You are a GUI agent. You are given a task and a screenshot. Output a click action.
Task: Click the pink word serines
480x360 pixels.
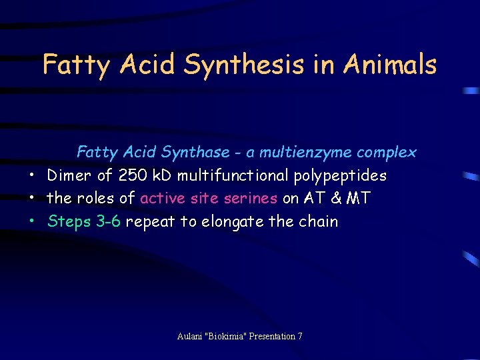coord(253,199)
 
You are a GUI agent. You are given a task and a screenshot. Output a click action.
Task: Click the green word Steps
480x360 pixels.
coord(69,222)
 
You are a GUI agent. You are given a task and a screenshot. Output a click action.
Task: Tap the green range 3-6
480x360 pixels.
coord(108,221)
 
